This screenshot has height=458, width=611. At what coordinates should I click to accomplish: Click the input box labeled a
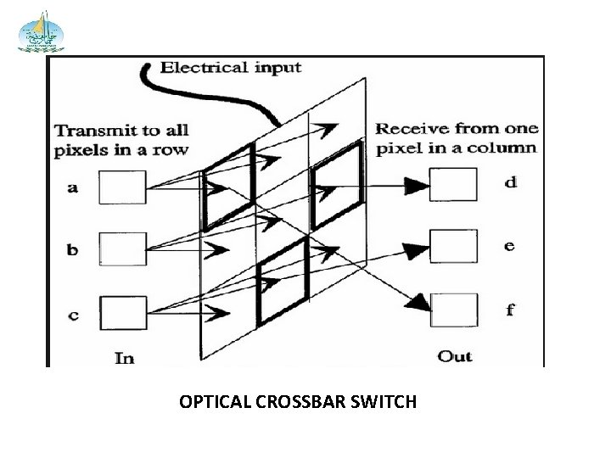[124, 187]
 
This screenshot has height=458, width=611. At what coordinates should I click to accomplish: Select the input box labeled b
[124, 248]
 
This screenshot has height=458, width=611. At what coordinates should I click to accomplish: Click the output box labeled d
[452, 184]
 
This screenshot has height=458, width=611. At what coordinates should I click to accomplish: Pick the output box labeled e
[452, 246]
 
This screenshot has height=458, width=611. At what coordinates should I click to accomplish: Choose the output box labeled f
[452, 308]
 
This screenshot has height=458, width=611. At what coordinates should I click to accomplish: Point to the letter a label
[73, 188]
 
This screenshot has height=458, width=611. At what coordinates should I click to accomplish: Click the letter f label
[509, 309]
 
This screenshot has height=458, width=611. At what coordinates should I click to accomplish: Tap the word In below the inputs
[124, 357]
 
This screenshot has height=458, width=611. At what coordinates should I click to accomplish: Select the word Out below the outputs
[454, 356]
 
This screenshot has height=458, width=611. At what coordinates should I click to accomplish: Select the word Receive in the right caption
[411, 129]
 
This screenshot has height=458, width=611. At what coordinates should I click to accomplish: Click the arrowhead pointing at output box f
[419, 301]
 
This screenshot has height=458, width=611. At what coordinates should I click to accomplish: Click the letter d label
[510, 182]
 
